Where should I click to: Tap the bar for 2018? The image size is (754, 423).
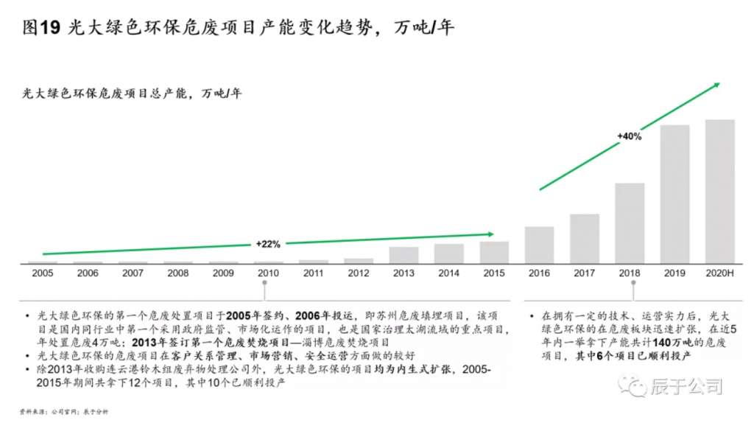[x=630, y=223]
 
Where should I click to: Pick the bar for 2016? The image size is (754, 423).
[x=539, y=245]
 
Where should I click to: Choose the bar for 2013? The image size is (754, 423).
[x=404, y=255]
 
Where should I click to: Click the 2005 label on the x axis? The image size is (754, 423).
[x=43, y=273]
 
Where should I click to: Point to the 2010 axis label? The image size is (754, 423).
[x=268, y=273]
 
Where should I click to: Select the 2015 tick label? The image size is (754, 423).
[x=493, y=273]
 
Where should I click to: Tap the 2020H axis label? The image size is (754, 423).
[x=719, y=273]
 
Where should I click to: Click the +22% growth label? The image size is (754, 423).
[x=268, y=244]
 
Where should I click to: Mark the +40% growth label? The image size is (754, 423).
[x=630, y=136]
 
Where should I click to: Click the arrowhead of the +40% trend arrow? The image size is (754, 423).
[x=714, y=85]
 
